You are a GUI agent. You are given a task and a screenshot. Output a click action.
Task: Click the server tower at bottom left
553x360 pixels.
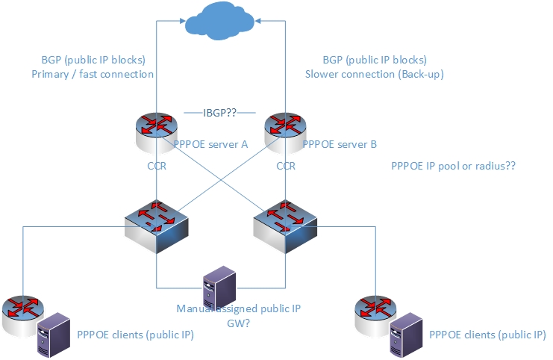[x=52, y=334]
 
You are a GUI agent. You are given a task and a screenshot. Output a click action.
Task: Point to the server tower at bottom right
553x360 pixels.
[x=405, y=334]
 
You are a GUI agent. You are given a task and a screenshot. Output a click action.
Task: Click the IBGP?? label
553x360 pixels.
[x=219, y=112]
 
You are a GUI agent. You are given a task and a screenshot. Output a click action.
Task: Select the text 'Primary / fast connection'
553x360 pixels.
[x=93, y=74]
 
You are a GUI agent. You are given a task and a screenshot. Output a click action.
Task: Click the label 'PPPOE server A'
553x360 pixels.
[x=210, y=145]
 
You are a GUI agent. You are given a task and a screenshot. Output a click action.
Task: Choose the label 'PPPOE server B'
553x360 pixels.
[x=340, y=145]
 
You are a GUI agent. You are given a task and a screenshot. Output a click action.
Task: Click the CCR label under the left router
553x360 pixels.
[x=156, y=166]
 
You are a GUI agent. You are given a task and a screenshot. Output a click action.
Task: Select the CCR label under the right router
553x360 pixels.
[x=286, y=166]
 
